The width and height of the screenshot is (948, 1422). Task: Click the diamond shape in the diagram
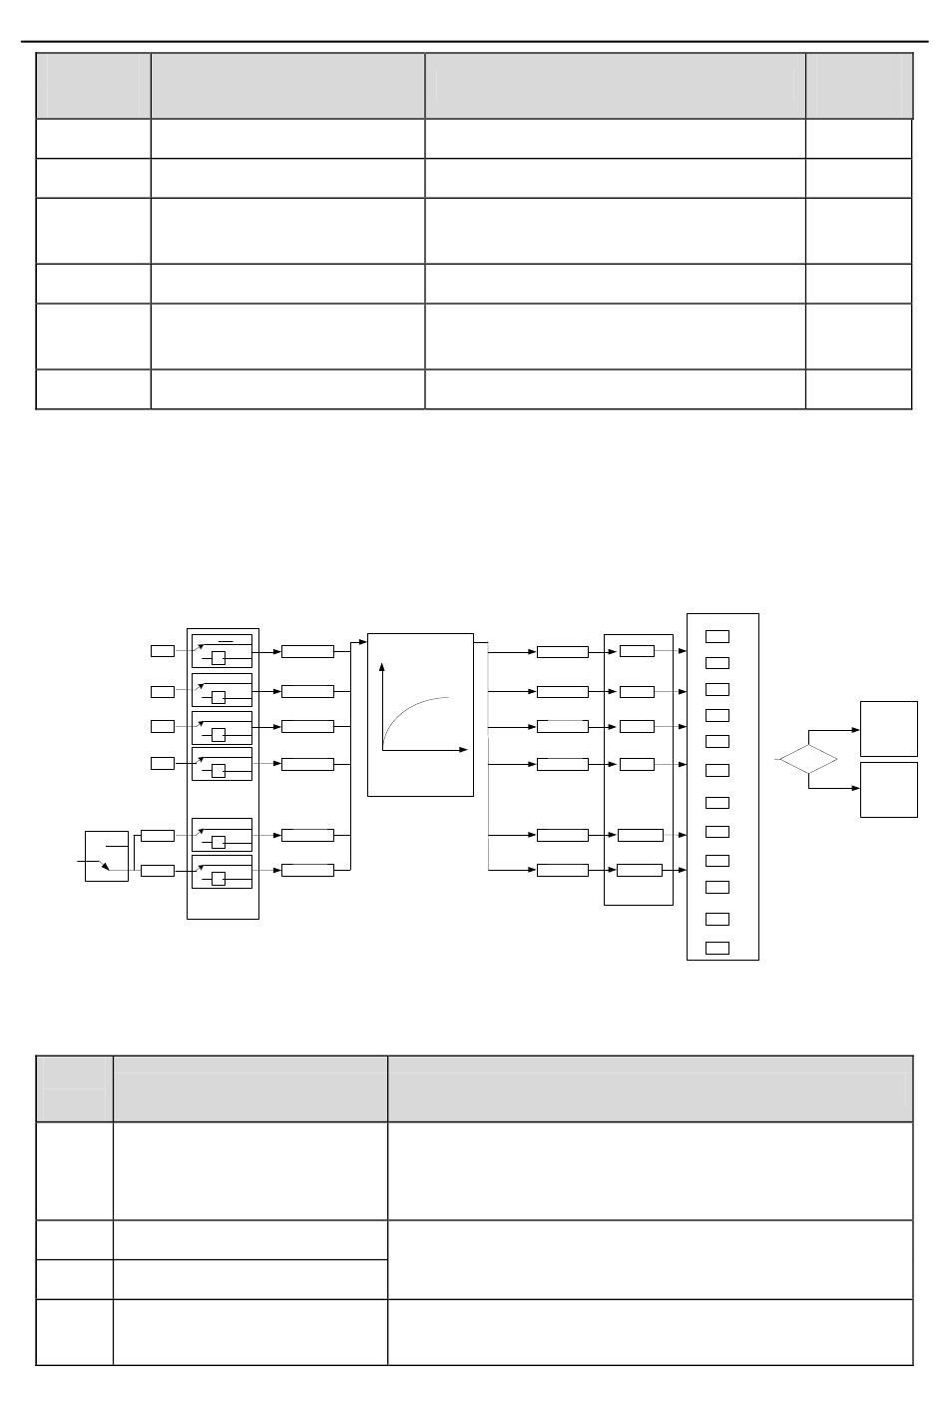click(808, 760)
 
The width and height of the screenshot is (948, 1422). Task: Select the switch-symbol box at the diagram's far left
click(107, 856)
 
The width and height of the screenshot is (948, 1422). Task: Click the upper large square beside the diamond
click(888, 728)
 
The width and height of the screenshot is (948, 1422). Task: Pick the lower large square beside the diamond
click(888, 789)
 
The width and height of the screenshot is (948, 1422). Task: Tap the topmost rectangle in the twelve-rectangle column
click(716, 636)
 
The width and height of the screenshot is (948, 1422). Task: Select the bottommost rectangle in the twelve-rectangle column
click(716, 947)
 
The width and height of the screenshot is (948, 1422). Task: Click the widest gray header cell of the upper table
click(615, 86)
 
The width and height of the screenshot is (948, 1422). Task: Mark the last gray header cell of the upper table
click(858, 86)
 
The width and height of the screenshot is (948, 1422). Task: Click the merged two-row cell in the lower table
click(650, 1259)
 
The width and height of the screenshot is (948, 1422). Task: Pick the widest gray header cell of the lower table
click(650, 1089)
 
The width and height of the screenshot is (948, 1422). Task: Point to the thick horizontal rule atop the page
click(474, 42)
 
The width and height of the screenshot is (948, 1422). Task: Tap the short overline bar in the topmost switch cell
click(227, 640)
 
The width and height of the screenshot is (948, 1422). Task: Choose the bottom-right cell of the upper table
click(858, 389)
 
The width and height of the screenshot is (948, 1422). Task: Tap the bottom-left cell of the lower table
click(74, 1331)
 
